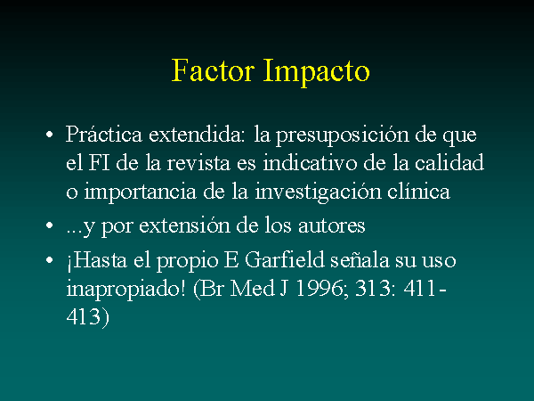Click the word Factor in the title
point(214,70)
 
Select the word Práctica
point(104,134)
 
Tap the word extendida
point(197,134)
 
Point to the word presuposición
point(342,135)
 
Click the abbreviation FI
point(100,163)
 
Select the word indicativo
point(310,163)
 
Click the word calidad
point(449,162)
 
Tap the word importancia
point(141,192)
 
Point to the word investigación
point(318,192)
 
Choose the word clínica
point(419,192)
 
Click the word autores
point(332,226)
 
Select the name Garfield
point(285,260)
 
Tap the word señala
point(360,261)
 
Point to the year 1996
point(320,289)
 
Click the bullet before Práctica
point(50,135)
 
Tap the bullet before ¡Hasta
point(50,260)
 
